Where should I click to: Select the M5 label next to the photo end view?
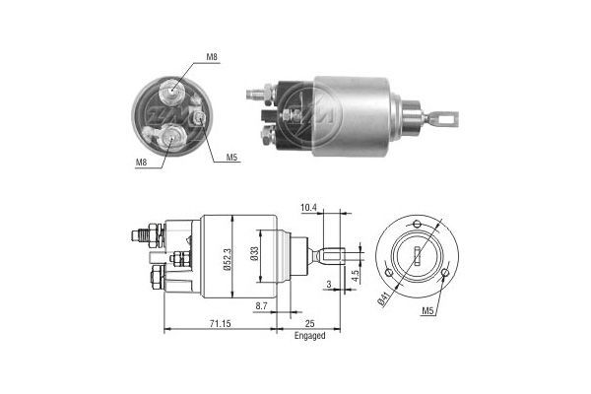tap(231, 157)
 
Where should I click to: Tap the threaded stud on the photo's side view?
tap(256, 96)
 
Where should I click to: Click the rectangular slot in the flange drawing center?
tap(419, 258)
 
